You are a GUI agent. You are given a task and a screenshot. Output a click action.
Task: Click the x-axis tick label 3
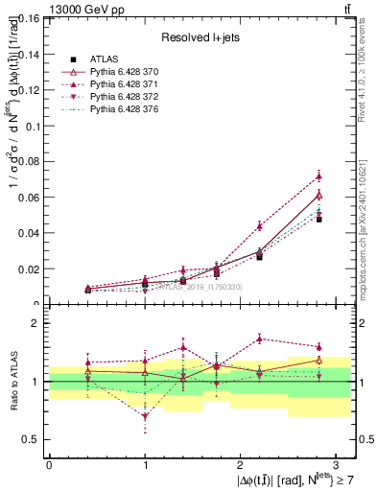point(335,463)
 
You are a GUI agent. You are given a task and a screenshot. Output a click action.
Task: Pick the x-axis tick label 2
point(240,463)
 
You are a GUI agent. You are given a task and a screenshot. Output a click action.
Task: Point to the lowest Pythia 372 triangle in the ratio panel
point(145,416)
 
